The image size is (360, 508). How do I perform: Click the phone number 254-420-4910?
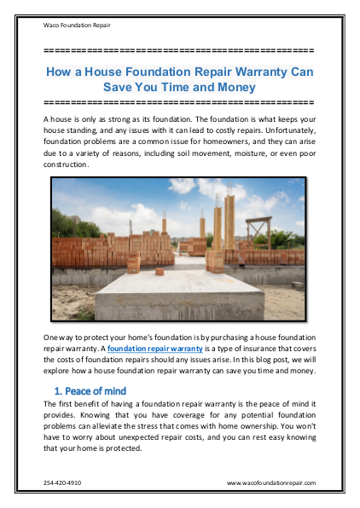coord(62,482)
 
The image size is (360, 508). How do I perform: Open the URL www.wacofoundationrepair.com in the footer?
coord(271,482)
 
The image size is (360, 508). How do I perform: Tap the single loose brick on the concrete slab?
coord(160,272)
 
